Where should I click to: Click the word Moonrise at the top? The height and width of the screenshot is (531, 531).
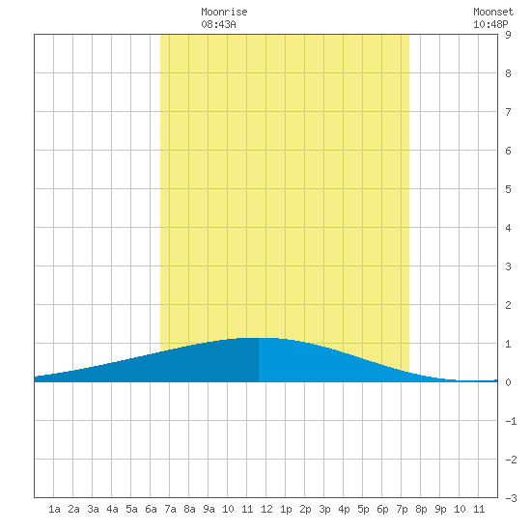point(224,12)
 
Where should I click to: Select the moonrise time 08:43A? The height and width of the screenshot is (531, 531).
point(218,24)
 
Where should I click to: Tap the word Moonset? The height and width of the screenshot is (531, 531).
point(493,12)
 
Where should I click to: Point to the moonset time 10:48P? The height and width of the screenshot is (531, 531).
point(490,24)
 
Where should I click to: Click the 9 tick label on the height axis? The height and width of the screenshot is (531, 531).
point(508,35)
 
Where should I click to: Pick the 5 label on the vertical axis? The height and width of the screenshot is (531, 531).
point(508,189)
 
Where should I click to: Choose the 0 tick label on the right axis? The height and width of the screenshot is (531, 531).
point(508,382)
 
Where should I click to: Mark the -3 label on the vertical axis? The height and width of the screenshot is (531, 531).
point(511,498)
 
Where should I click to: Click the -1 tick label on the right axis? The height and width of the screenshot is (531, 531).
point(511,421)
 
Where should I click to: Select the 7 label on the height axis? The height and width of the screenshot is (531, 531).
point(508,112)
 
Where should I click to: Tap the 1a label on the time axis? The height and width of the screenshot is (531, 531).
point(54,509)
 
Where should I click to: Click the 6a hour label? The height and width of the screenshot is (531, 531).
point(151,509)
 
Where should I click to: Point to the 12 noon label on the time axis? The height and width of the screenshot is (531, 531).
point(266,509)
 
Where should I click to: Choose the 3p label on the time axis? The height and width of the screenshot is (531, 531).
point(324,509)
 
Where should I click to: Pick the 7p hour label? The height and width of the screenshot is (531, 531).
point(402,509)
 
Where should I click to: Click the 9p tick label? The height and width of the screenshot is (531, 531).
point(440,509)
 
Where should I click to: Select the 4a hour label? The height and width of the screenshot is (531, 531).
point(112,509)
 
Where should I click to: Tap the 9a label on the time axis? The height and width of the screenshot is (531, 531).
point(209,509)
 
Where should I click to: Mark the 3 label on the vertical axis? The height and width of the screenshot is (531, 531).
point(508,266)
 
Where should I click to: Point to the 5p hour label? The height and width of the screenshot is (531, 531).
point(363,509)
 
